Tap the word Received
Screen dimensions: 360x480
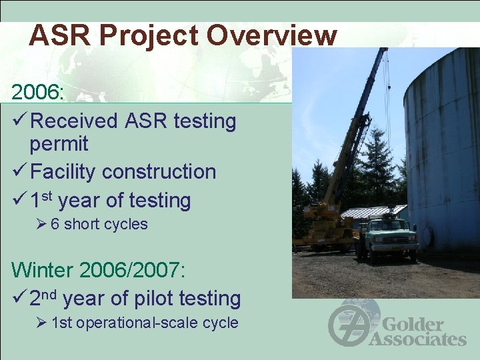pyautogui.click(x=76, y=121)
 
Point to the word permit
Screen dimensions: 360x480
pyautogui.click(x=59, y=143)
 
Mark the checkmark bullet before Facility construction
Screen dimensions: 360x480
pyautogui.click(x=19, y=171)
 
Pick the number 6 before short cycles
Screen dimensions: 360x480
pyautogui.click(x=55, y=224)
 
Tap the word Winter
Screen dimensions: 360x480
pyautogui.click(x=42, y=270)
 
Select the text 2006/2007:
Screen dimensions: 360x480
pyautogui.click(x=132, y=270)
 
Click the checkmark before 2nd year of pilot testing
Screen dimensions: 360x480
pyautogui.click(x=19, y=298)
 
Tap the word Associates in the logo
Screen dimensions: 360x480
pyautogui.click(x=417, y=339)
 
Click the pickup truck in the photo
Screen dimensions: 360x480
pyautogui.click(x=387, y=240)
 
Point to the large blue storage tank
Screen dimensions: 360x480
pyautogui.click(x=443, y=153)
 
